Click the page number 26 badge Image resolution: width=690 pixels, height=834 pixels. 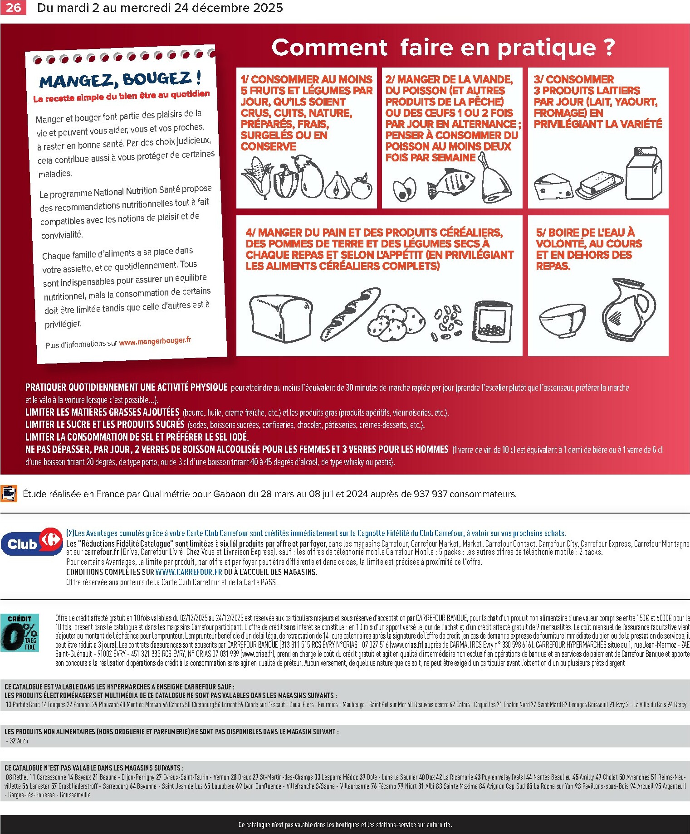13,8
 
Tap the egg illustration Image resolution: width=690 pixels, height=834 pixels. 404,189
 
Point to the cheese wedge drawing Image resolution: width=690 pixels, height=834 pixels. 553,186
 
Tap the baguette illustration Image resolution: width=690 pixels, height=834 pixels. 351,312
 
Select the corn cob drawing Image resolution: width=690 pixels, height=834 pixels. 258,178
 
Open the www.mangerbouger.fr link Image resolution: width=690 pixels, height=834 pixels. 155,341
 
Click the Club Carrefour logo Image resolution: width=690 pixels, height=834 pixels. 32,541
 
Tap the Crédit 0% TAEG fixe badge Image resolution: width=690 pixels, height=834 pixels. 20,633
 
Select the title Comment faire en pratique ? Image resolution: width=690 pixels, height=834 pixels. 443,48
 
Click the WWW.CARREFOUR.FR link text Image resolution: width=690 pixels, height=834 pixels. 189,572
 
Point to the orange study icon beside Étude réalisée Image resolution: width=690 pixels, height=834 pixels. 9,493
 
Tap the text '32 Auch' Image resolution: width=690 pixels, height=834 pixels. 19,741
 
